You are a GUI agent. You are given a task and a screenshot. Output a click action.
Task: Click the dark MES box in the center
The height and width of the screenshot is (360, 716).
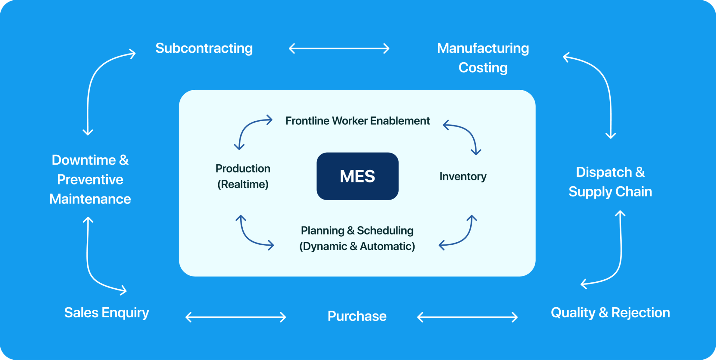click(357, 176)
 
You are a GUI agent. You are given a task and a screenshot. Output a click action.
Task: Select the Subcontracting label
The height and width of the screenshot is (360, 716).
click(204, 48)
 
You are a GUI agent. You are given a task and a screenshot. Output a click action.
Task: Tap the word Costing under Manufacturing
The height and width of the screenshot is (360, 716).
click(483, 68)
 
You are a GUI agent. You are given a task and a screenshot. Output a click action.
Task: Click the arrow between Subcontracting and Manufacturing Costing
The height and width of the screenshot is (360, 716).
click(339, 49)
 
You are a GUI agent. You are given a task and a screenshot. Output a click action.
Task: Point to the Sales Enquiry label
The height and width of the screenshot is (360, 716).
click(107, 312)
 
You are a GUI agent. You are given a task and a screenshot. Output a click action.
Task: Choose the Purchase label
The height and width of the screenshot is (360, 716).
click(357, 316)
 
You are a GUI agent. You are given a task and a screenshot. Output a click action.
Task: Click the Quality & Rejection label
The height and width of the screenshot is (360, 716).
click(610, 312)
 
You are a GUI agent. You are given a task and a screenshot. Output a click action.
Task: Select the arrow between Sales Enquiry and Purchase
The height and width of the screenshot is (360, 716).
click(236, 317)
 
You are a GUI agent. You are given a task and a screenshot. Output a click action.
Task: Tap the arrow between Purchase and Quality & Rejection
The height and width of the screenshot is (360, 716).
click(467, 317)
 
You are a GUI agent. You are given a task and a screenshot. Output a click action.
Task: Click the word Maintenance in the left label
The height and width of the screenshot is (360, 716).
click(90, 199)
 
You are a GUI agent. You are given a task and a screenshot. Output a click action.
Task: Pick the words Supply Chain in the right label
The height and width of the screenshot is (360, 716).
click(610, 192)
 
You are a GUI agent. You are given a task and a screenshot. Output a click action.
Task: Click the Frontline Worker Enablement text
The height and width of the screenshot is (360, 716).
click(357, 121)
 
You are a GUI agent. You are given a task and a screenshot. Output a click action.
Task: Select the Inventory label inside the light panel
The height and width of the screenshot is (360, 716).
click(463, 177)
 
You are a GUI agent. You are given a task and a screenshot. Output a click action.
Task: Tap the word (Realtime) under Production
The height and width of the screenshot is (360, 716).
click(243, 184)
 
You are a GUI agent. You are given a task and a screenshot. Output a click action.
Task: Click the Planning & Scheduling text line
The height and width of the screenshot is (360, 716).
click(357, 231)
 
